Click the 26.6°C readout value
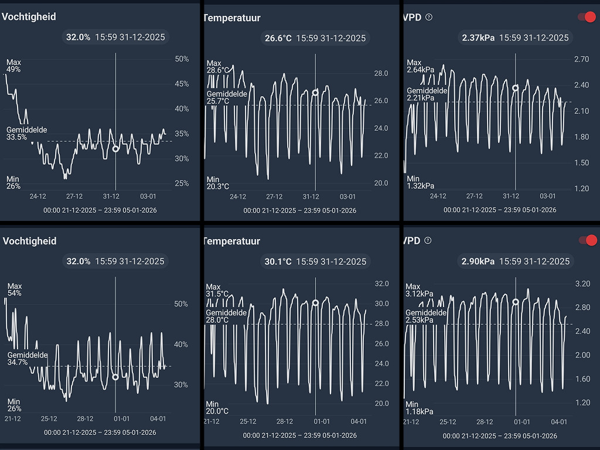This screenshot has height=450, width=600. click(278, 38)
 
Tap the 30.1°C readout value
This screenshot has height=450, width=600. click(278, 261)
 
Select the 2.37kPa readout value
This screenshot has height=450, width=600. click(478, 37)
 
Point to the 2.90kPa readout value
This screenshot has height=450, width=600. click(478, 261)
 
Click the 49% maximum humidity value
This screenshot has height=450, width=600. click(13, 69)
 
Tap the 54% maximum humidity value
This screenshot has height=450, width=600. click(14, 293)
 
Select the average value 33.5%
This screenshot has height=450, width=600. click(16, 137)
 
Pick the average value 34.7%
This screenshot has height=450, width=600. click(18, 362)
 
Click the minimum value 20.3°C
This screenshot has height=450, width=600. click(218, 186)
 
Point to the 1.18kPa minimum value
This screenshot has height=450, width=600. click(420, 411)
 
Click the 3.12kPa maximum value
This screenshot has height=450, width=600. click(420, 294)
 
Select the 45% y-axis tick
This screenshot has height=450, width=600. click(182, 84)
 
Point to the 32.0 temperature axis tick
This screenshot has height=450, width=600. click(381, 284)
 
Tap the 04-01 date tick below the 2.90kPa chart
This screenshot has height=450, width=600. click(559, 421)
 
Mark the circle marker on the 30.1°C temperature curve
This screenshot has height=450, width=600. click(315, 303)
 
